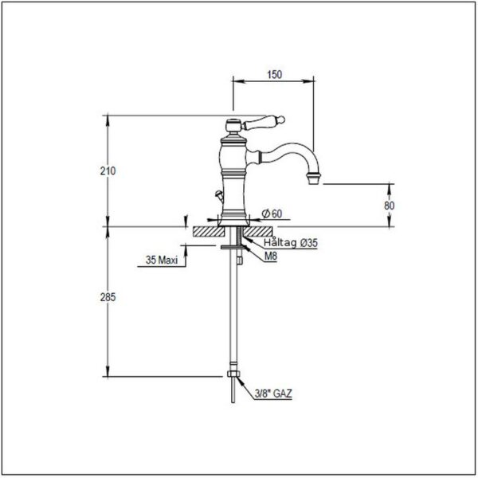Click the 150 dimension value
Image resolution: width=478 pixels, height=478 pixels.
pos(274,74)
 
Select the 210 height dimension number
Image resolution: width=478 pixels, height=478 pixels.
pos(108,171)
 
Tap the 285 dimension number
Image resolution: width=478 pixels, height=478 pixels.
pos(108,297)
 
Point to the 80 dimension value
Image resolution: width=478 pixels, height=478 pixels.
pos(389,206)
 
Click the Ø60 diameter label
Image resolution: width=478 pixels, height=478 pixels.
pos(272,214)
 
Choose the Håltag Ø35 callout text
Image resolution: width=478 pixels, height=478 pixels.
pos(291,243)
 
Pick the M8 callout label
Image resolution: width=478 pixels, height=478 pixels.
pos(271,256)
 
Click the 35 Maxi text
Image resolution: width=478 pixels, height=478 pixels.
pos(162,260)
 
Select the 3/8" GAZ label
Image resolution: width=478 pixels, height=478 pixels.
pos(273,394)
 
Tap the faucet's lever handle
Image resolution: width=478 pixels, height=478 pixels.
pos(263,122)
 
